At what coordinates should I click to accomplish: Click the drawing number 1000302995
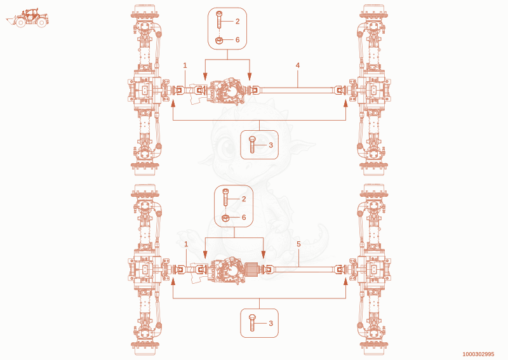coord(478,354)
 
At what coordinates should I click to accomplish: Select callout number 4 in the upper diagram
coord(298,65)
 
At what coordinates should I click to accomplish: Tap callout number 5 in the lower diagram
coord(298,244)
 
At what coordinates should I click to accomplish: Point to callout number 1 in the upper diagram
coord(185,65)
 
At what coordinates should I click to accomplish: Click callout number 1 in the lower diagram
coord(186,244)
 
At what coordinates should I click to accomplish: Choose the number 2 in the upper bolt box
coord(237,22)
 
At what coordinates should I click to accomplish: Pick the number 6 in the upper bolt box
coord(237,39)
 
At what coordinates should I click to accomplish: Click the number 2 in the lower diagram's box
coord(244,199)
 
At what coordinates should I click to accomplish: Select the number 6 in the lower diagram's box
coord(244,217)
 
